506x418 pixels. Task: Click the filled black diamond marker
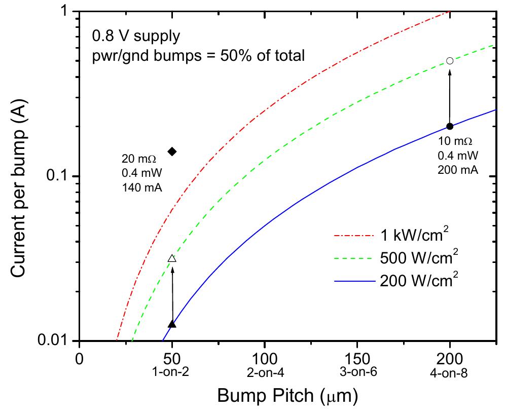click(x=172, y=151)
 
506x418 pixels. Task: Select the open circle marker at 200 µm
click(x=449, y=61)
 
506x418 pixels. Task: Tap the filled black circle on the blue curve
click(x=449, y=126)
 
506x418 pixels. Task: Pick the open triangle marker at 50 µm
click(x=172, y=259)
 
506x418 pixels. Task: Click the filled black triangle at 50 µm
click(x=172, y=324)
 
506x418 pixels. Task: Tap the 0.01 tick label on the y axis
click(x=52, y=341)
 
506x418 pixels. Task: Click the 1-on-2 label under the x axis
click(x=172, y=373)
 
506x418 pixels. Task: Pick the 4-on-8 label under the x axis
click(x=449, y=373)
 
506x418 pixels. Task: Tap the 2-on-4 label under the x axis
click(x=264, y=373)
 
